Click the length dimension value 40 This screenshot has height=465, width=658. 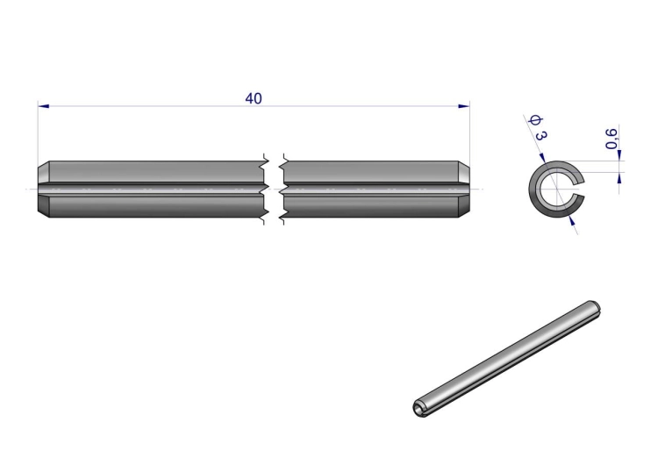click(x=254, y=98)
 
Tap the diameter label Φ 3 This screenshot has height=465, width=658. click(x=539, y=127)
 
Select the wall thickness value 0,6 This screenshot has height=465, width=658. click(x=612, y=138)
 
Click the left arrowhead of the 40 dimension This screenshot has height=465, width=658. click(x=43, y=106)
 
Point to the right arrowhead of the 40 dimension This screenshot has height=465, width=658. click(x=464, y=106)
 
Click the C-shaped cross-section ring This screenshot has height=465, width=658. click(x=533, y=190)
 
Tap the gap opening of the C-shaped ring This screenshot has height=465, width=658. click(x=578, y=189)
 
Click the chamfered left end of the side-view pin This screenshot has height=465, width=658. click(x=44, y=189)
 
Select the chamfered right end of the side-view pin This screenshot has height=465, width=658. click(x=464, y=189)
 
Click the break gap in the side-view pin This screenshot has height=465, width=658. click(x=274, y=189)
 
